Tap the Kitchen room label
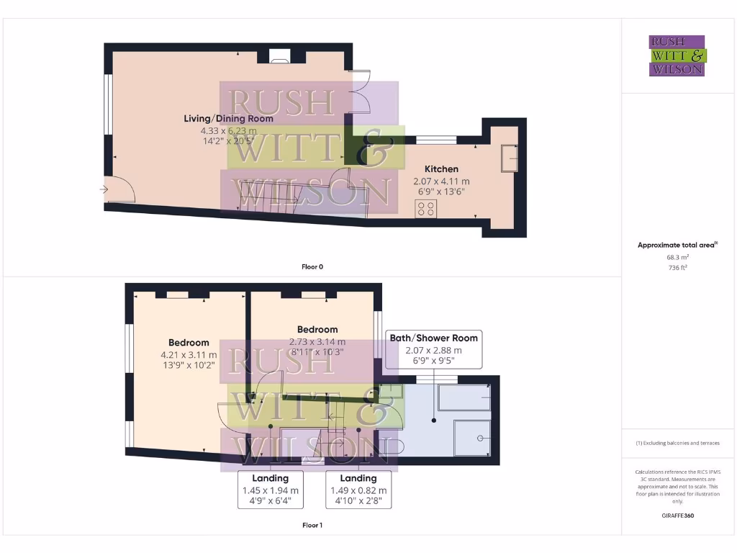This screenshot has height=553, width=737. point(441,169)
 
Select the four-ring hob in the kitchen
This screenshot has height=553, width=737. point(425,209)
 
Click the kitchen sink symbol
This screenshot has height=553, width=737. point(509,158)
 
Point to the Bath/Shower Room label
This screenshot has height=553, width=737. point(433,338)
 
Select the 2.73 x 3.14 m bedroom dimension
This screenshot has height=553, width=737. point(317,342)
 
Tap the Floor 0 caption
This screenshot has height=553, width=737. point(312,267)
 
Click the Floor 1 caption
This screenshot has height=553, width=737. point(312,526)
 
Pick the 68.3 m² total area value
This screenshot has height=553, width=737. point(677,257)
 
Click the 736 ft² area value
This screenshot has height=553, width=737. point(677,267)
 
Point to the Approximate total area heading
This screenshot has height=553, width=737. point(677,246)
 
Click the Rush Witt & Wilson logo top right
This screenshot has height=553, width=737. point(677,55)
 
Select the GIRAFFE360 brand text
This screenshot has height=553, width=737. point(677,516)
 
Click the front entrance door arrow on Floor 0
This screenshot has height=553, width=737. point(105,190)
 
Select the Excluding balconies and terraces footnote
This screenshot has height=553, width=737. point(677,443)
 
